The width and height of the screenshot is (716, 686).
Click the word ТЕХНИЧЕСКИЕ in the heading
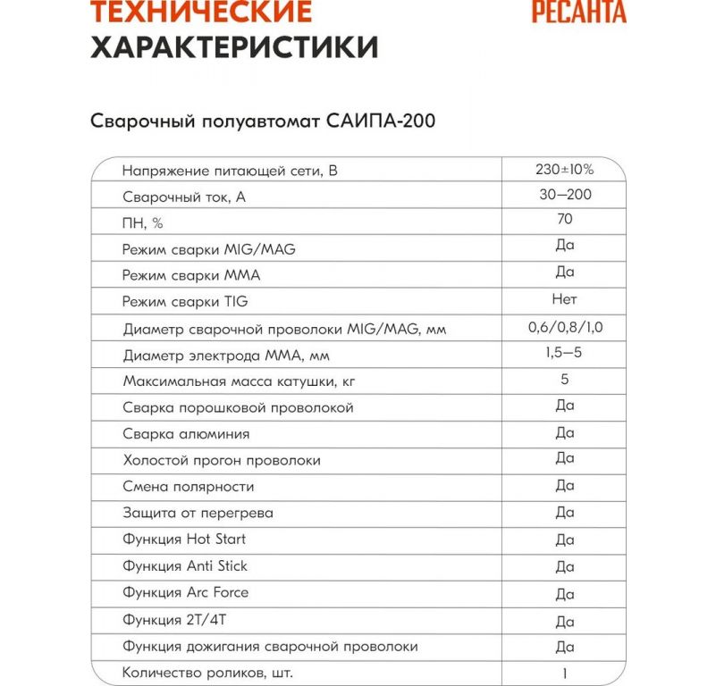point(202,12)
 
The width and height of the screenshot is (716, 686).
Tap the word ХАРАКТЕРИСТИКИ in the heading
point(234,46)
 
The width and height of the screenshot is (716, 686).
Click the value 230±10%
point(565,168)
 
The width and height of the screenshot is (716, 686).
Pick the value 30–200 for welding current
point(565,194)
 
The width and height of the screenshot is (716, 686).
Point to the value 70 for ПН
point(565,220)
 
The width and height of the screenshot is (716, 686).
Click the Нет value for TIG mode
point(565,299)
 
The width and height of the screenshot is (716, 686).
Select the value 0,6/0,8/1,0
point(565,327)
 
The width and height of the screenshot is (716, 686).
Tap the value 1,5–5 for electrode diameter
point(565,354)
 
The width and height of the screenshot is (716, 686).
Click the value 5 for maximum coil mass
point(565,380)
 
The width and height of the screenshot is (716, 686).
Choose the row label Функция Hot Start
point(184,540)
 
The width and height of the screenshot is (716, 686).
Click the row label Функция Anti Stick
point(185,566)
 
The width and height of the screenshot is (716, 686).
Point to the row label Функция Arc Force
point(186,593)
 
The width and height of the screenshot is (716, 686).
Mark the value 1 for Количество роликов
point(565,673)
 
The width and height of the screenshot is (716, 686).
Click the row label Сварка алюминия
point(186,434)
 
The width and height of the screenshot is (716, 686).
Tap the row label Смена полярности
point(189,487)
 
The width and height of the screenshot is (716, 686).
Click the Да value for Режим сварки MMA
point(565,272)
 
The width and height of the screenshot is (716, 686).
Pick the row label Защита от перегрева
point(198,514)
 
